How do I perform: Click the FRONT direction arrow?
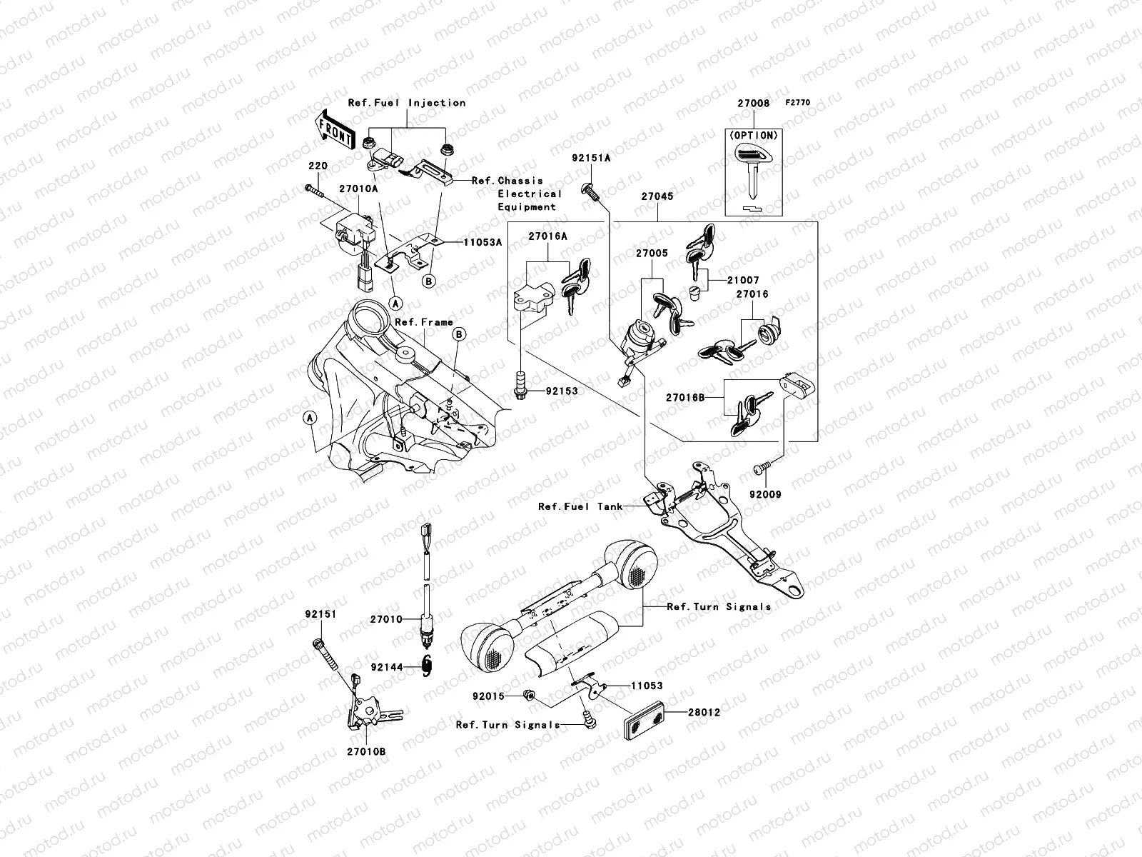click(x=335, y=131)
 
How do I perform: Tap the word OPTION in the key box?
click(x=754, y=134)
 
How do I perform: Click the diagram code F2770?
click(x=799, y=103)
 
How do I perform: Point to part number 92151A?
click(x=591, y=158)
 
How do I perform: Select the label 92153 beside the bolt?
click(x=562, y=391)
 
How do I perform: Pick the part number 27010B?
click(x=367, y=751)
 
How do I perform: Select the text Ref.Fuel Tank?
click(x=580, y=506)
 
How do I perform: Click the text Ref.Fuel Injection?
click(x=407, y=103)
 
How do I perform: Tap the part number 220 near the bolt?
click(x=318, y=166)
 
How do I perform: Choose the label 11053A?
click(x=482, y=242)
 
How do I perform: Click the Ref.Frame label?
click(x=424, y=322)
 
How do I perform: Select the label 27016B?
click(x=686, y=396)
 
